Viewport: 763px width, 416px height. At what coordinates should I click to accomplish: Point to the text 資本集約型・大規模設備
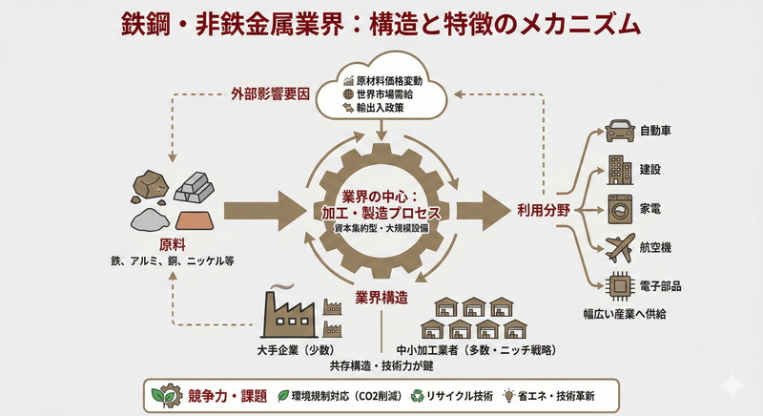point(381,229)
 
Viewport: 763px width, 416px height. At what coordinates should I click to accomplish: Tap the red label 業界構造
point(385,296)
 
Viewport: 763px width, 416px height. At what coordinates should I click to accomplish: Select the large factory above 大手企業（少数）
point(290,311)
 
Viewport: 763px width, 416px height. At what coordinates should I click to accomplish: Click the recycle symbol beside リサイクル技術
point(418,393)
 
